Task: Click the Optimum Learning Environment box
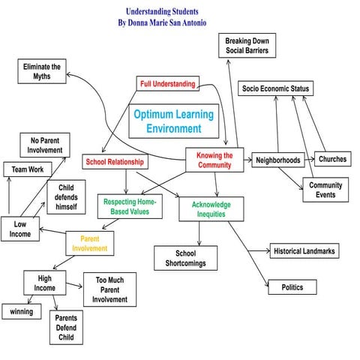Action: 173,121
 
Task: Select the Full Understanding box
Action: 167,83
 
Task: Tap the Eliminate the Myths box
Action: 40,72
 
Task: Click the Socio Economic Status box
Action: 275,88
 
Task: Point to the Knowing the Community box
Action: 214,160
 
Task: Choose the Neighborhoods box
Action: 277,160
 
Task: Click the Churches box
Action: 332,160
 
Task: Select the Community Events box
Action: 325,190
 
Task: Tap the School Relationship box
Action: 115,161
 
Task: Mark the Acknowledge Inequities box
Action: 211,209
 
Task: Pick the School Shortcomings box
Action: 185,257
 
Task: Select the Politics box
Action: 292,286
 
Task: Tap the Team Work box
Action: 25,169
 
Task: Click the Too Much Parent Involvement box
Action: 109,289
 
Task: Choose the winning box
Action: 21,310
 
